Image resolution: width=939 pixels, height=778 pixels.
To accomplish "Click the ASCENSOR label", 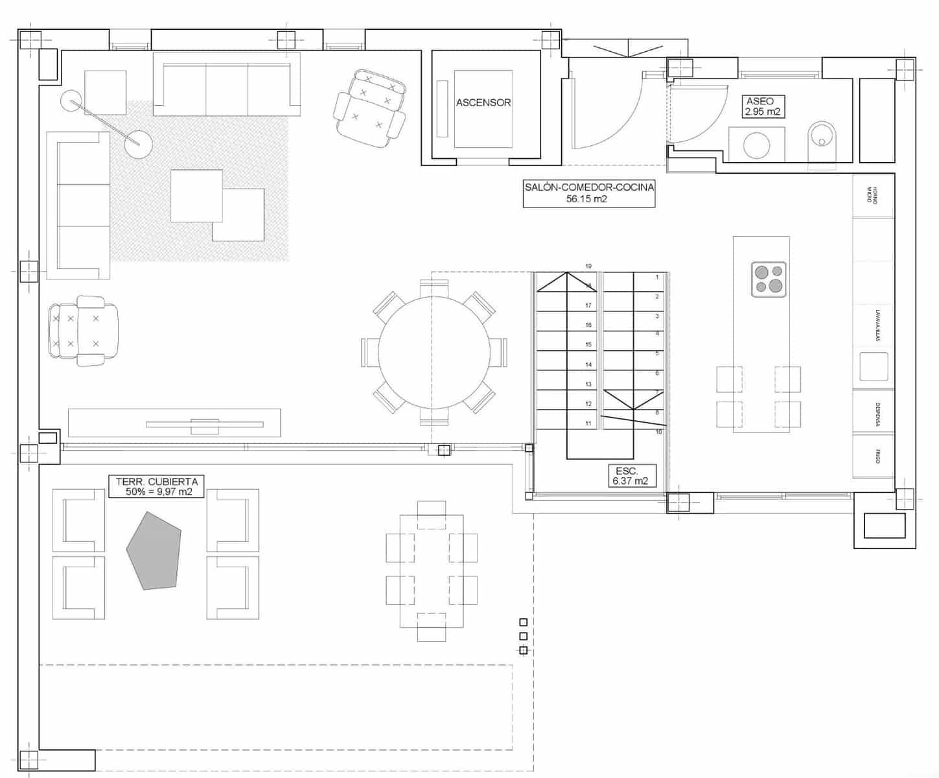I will point(483,102).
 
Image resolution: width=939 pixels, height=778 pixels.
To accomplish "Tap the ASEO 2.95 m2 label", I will point(762,107).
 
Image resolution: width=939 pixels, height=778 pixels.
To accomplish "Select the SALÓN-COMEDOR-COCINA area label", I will point(588,193).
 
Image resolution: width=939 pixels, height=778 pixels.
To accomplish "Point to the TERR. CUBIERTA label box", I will point(157,486).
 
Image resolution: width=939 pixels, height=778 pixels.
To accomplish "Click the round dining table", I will point(433,353).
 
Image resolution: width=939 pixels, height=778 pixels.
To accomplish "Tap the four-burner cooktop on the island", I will point(769,279).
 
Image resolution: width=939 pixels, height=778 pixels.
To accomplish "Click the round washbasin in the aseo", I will point(756,145).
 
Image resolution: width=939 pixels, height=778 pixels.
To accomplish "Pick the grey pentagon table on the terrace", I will point(154,552).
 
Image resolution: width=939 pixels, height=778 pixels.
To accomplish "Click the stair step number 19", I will point(588,266).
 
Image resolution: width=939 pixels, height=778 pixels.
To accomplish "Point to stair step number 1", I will point(657,277).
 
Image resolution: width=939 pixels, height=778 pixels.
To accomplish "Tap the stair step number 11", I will point(588,423).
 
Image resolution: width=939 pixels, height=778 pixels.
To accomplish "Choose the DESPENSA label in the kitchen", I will point(877,414).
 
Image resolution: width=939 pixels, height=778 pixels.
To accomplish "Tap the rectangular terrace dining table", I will point(432,571).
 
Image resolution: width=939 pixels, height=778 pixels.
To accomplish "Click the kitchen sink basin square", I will point(873,366).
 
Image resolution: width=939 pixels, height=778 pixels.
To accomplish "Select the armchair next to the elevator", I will point(370,108).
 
